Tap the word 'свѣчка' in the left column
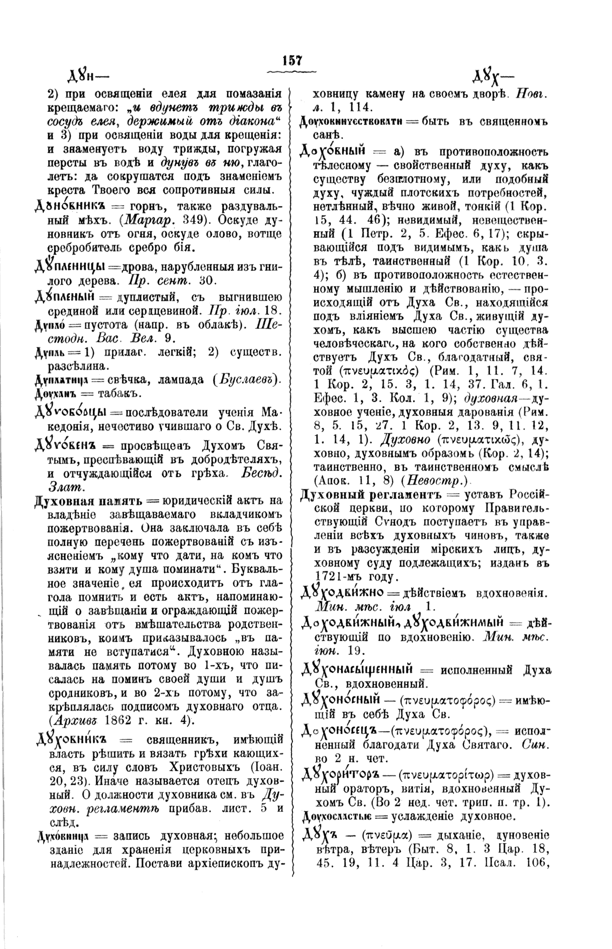click(x=130, y=379)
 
